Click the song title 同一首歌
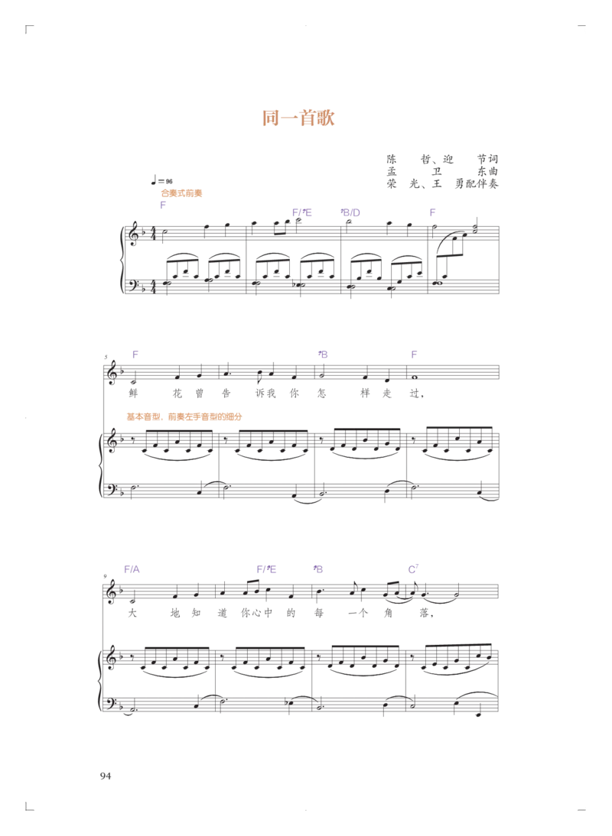coord(298,117)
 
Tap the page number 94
coord(106,776)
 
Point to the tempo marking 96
coord(169,181)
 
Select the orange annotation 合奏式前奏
coord(182,193)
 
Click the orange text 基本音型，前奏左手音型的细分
coord(184,416)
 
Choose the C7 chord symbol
coord(414,569)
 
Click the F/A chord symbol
coord(132,569)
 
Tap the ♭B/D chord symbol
coord(350,212)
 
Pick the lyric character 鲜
coord(133,394)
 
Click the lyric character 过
coord(415,394)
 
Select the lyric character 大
coord(132,613)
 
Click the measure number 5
coord(106,357)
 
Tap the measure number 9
coord(106,576)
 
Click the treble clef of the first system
coord(132,233)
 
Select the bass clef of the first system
coord(133,282)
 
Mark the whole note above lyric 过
coord(415,377)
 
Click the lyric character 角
coord(388,613)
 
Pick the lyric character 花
coord(177,394)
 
